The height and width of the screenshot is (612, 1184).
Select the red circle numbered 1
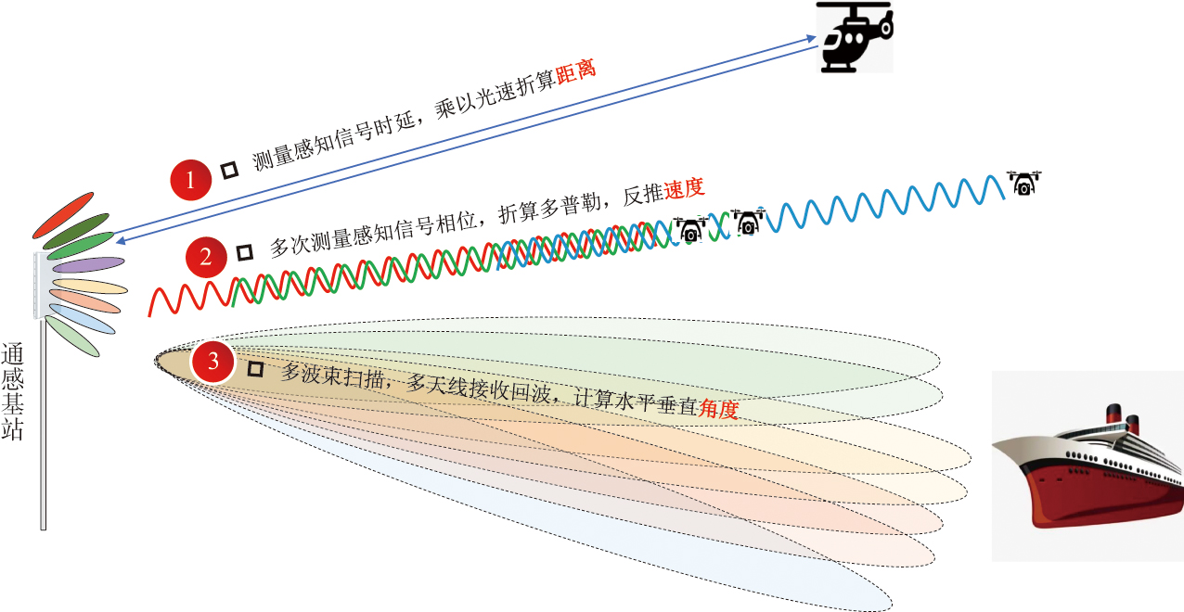(191, 180)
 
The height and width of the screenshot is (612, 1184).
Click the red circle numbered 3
(213, 363)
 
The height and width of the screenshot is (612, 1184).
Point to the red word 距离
(574, 73)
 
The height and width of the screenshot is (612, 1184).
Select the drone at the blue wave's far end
(1023, 184)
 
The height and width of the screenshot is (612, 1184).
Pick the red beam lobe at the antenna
(62, 214)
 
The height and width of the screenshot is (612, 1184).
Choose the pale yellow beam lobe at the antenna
(89, 285)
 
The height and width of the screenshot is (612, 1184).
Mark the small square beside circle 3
(256, 369)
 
